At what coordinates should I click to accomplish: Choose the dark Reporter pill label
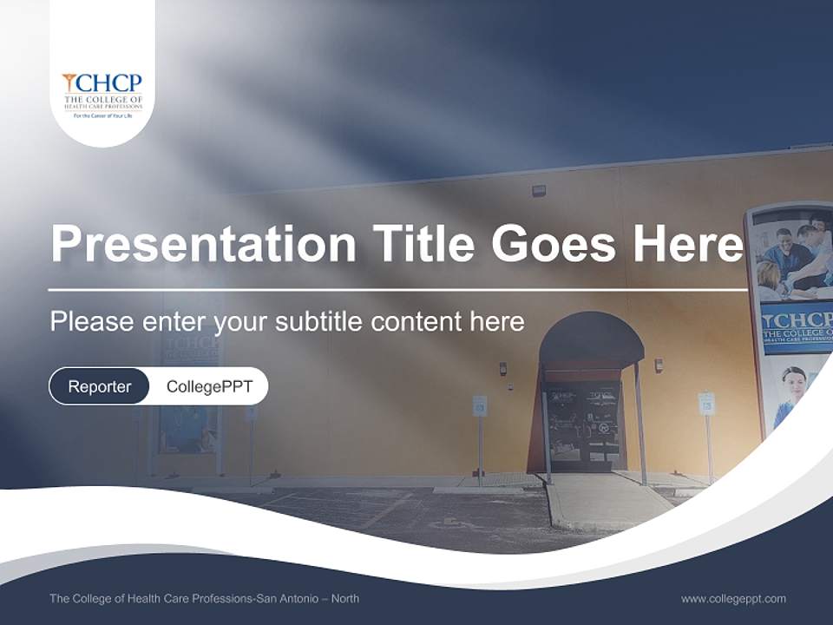[99, 386]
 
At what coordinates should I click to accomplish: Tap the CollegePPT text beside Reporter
[209, 386]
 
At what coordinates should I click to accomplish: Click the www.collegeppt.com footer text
[733, 598]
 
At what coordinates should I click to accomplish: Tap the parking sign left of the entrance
[479, 405]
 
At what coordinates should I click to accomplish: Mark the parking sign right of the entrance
[706, 403]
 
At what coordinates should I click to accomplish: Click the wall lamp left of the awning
[502, 368]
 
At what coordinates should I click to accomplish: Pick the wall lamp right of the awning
[659, 365]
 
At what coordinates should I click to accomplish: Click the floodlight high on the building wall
[539, 189]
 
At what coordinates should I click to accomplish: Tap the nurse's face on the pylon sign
[794, 379]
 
